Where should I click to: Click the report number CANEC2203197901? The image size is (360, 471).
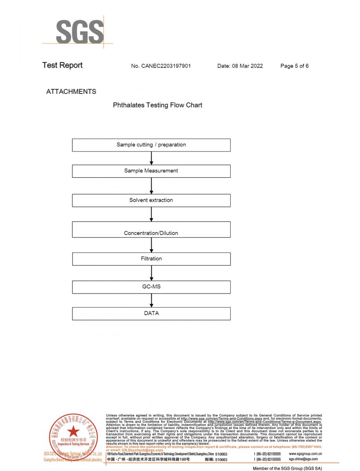coord(161,66)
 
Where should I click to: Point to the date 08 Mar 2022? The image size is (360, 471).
coord(240,66)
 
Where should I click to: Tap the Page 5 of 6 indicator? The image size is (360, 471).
coord(294,66)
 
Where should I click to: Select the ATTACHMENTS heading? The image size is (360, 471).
coord(71,91)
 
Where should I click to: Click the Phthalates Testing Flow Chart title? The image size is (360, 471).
coord(158,105)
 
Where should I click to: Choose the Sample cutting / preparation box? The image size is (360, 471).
coord(151,145)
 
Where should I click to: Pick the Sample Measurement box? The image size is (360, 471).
coord(151,171)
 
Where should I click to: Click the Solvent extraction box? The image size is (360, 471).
coord(151,200)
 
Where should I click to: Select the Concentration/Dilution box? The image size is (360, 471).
coord(151,230)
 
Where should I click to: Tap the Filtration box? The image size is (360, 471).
coord(151,259)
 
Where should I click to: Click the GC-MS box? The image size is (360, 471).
coord(151,287)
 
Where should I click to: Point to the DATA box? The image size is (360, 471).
coord(151,313)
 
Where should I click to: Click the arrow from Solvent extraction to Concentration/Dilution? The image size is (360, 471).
coord(151,214)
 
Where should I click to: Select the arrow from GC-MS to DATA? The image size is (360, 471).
coord(151,300)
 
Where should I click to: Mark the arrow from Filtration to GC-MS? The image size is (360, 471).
coord(151,273)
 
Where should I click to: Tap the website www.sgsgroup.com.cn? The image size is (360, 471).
coord(305,454)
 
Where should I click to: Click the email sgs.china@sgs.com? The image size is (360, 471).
coord(303,459)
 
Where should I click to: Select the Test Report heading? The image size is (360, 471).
coord(62,66)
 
